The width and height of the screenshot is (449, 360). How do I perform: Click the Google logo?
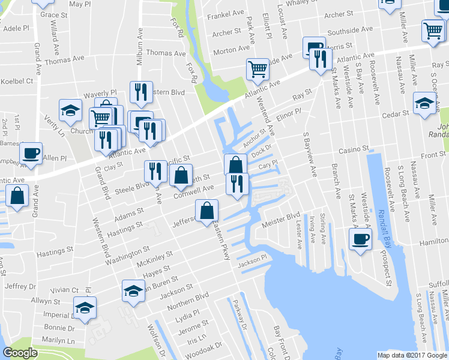click(20, 353)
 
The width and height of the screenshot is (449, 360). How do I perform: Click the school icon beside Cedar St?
click(424, 103)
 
